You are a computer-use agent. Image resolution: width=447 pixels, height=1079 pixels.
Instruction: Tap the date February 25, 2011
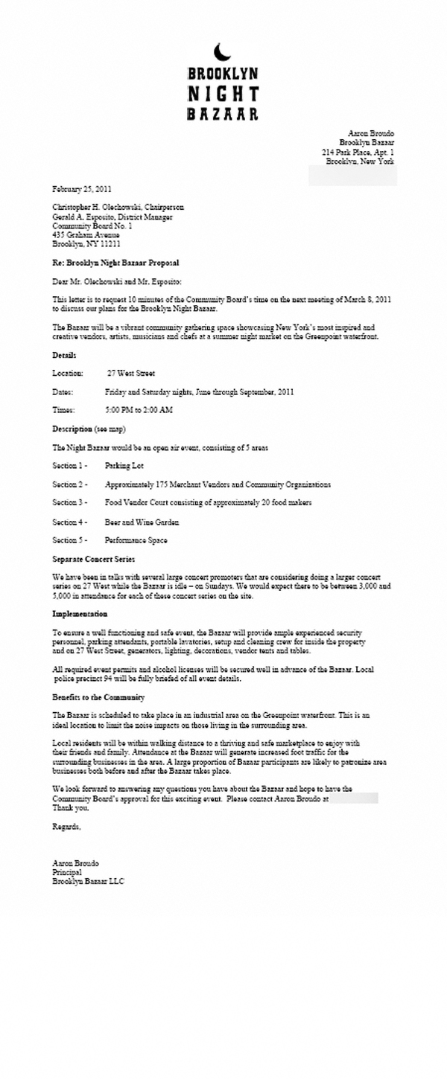pos(82,188)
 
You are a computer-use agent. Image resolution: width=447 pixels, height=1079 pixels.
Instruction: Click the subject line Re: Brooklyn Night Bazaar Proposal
pos(115,263)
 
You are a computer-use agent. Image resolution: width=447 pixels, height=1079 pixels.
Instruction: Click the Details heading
pos(64,356)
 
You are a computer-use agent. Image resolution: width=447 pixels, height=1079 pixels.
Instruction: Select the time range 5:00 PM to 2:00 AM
pos(139,410)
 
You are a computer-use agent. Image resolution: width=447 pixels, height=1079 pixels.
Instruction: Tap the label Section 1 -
pos(70,465)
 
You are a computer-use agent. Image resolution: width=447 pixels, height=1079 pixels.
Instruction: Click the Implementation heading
pos(80,614)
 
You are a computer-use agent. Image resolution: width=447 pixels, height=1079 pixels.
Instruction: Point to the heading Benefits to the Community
pos(98,697)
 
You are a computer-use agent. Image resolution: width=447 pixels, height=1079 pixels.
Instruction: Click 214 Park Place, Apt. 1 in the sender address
pos(358,151)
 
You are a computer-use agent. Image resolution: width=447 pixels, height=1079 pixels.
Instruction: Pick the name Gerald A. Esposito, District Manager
pos(112,217)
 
